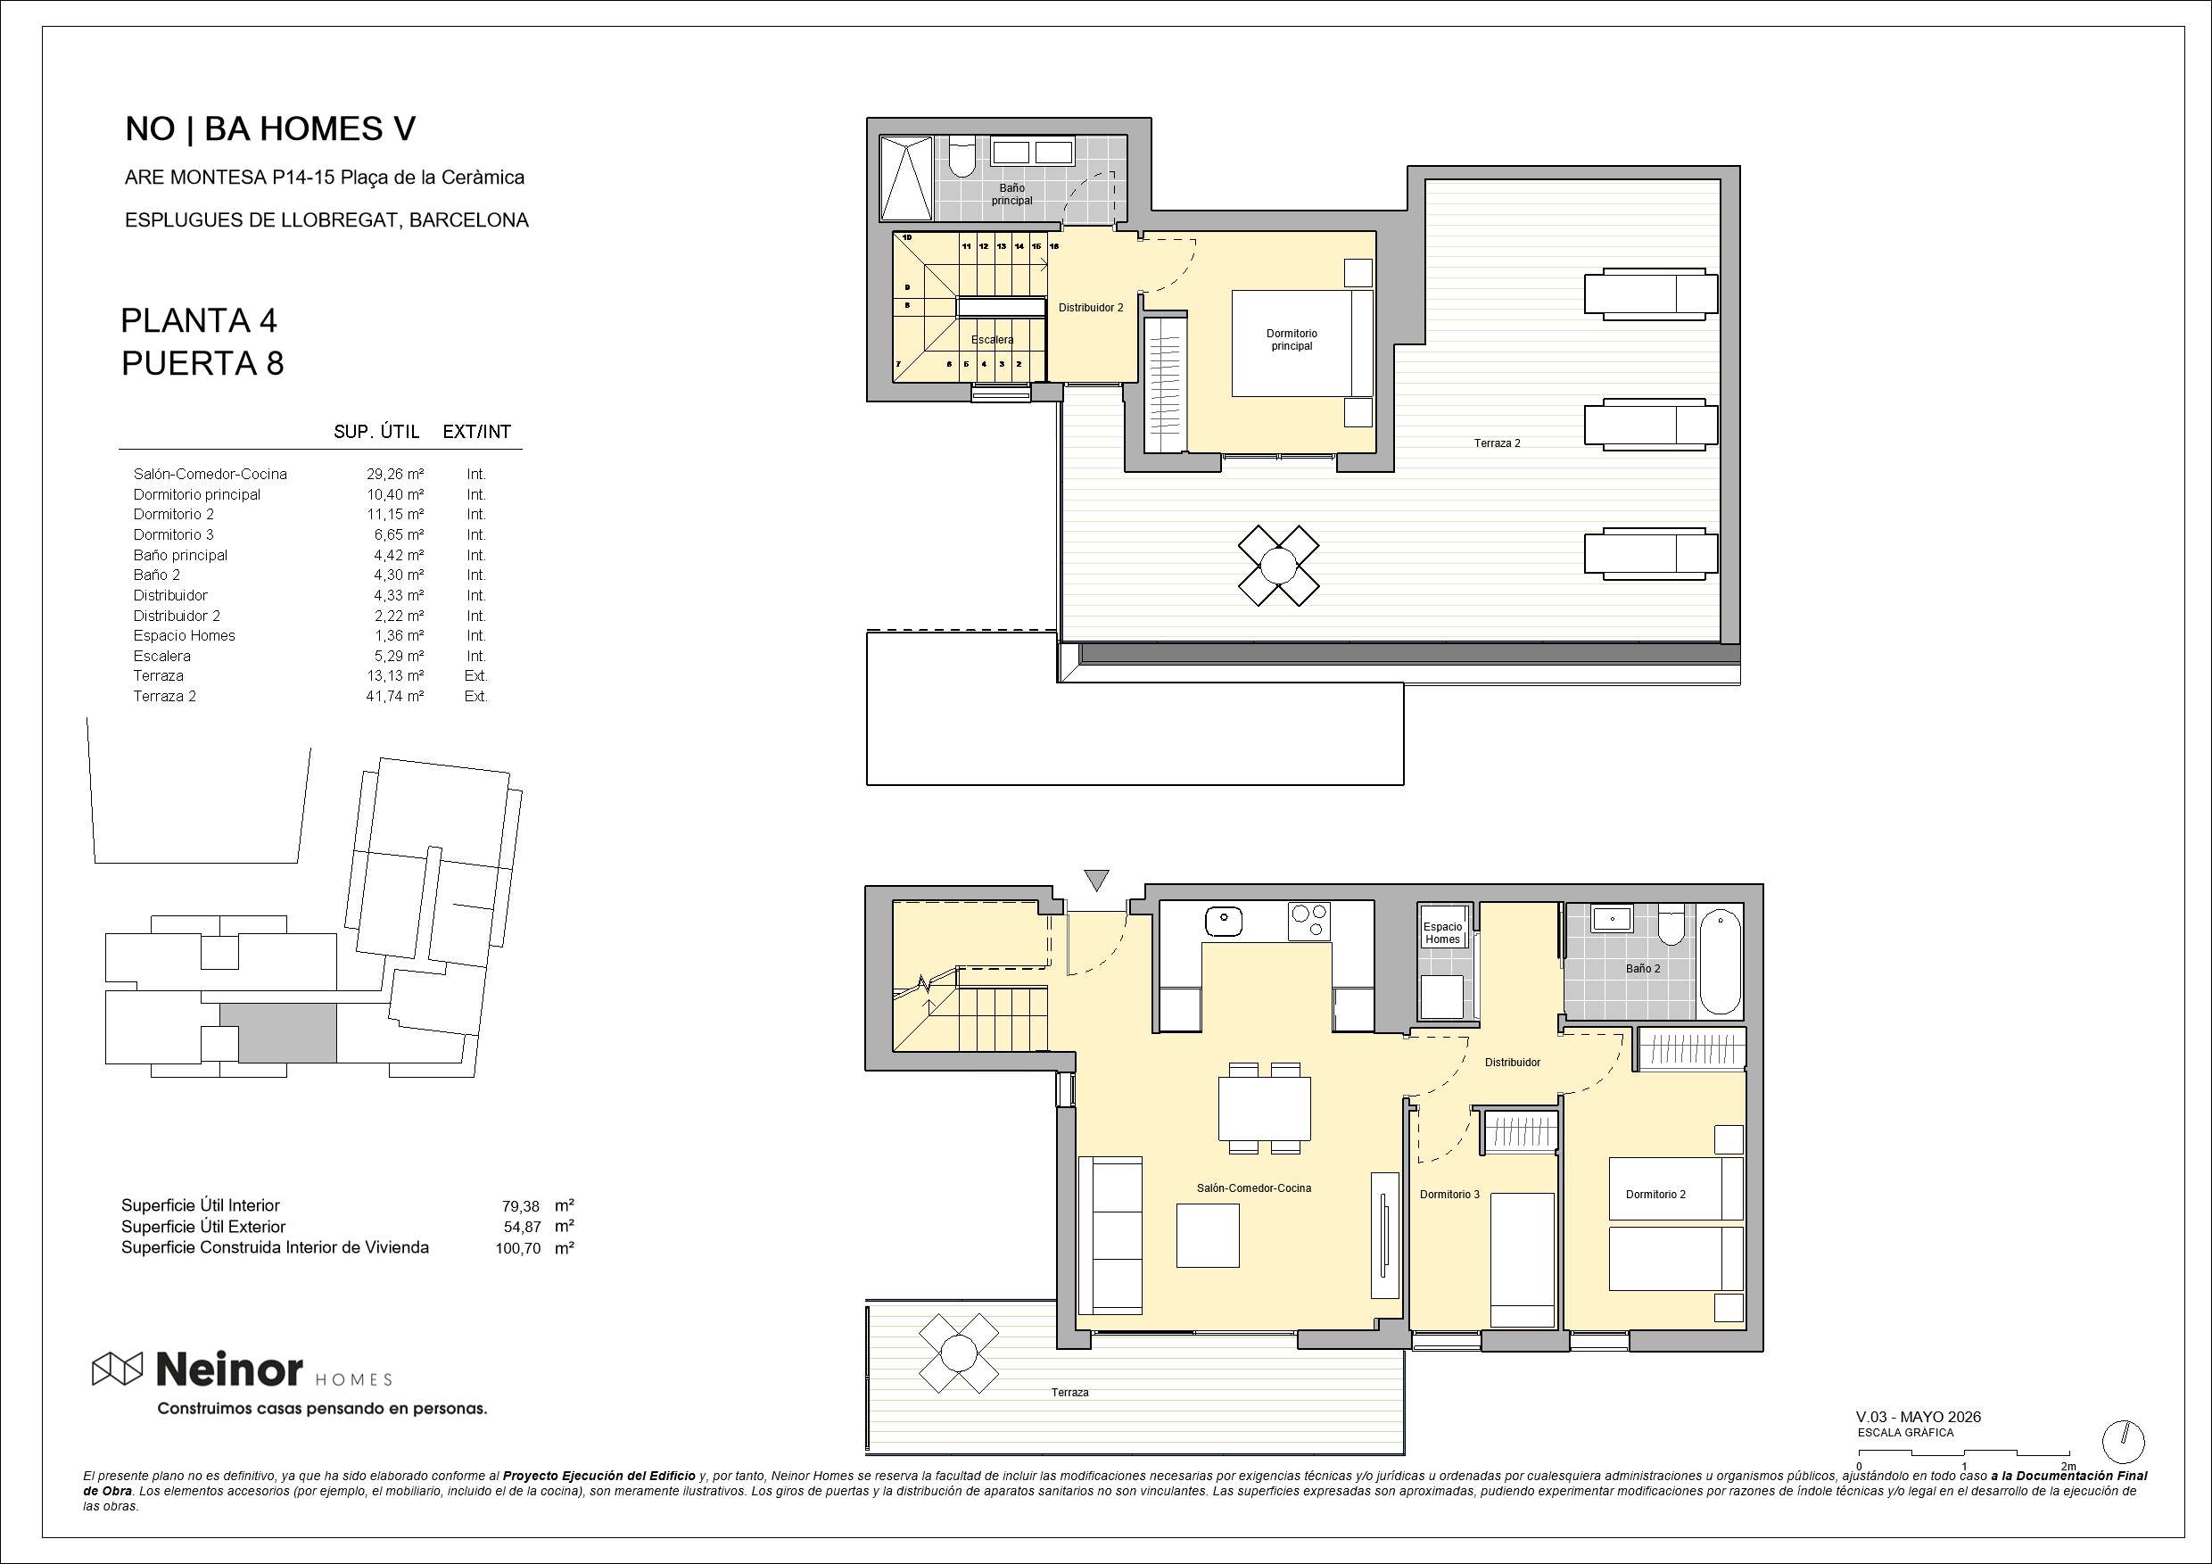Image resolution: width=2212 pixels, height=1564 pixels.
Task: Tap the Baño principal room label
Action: pos(1011,194)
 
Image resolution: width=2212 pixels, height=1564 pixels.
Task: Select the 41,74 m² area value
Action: pos(395,696)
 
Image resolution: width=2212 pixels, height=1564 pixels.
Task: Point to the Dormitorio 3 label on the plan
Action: pos(1449,1194)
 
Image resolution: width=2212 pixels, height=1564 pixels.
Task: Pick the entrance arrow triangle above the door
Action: pos(1096,880)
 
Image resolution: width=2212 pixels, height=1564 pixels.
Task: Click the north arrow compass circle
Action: pos(2124,1442)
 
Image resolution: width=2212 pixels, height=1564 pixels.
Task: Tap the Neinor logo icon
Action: pos(118,1368)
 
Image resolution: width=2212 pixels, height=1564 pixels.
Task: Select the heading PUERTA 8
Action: pos(202,363)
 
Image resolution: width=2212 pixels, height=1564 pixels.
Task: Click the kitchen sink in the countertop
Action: pos(1224,920)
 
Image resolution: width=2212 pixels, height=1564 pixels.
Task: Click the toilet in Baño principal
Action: pos(962,158)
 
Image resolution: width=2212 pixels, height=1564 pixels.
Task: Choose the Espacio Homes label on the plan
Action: pos(1442,933)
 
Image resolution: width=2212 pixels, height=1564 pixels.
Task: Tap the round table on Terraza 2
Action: pos(1278,566)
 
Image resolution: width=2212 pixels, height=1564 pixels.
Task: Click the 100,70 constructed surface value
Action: pos(518,1248)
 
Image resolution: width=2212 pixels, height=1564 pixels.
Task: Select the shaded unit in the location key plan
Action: pos(278,1032)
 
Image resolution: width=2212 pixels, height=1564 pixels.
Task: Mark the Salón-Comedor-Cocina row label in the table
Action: pos(210,474)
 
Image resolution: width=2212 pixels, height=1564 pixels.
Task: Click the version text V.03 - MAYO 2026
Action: pos(1919,1417)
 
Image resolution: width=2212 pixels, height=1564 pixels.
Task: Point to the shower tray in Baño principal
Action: pos(906,178)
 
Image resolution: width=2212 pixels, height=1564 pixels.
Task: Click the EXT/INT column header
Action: pos(477,432)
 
